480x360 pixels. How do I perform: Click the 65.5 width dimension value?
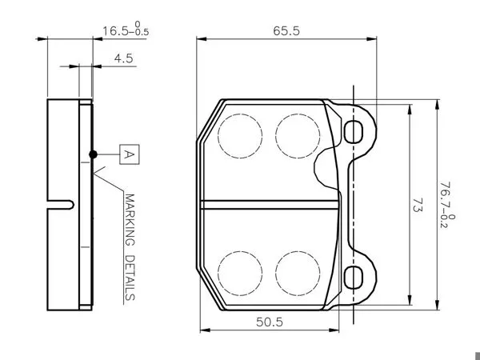point(286,31)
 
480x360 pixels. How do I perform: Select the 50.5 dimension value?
point(270,322)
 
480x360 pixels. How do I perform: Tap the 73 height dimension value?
point(418,205)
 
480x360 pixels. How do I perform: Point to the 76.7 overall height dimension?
point(447,205)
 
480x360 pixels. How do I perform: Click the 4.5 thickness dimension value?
point(124,58)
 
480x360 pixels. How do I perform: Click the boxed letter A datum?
point(129,154)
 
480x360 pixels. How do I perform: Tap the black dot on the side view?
point(93,154)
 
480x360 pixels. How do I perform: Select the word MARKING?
point(130,220)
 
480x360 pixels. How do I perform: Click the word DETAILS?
point(130,278)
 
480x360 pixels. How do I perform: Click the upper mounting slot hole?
point(354,132)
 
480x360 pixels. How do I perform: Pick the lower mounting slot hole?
point(354,278)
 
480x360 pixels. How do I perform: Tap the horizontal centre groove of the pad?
point(270,205)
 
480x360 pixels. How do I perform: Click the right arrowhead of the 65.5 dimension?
point(372,39)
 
